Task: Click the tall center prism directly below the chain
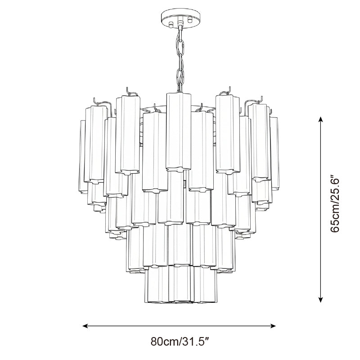[x=180, y=130]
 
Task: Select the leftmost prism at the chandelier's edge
[x=83, y=153]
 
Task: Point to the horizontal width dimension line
[x=180, y=325]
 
